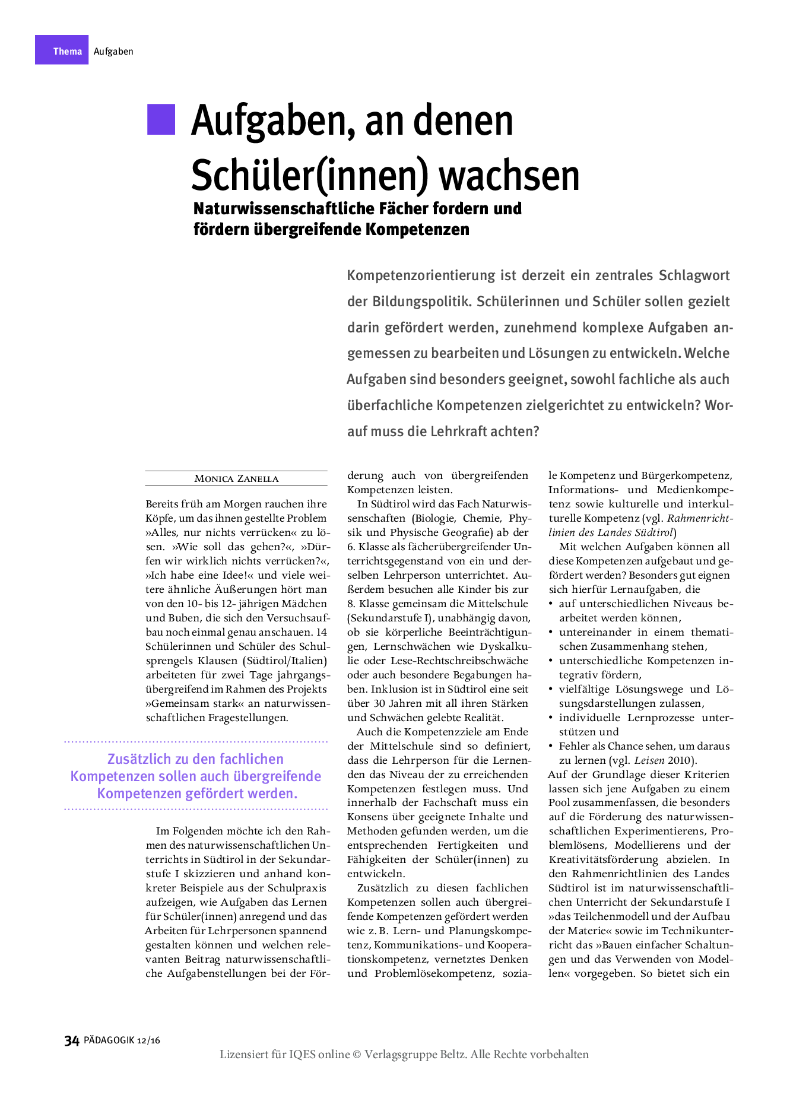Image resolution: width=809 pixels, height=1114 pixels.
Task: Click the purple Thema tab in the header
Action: [62, 50]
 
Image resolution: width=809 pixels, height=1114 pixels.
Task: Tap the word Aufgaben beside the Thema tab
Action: [113, 52]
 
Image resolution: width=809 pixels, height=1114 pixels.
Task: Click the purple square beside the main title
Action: [161, 119]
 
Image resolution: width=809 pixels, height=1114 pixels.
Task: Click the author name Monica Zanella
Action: [236, 478]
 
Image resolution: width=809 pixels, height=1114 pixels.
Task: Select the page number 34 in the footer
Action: [72, 1040]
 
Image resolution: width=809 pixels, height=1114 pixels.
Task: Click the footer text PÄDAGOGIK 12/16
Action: [122, 1040]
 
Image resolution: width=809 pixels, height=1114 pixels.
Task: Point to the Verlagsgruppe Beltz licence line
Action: [404, 1055]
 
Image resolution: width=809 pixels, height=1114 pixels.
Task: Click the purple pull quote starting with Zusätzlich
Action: [196, 776]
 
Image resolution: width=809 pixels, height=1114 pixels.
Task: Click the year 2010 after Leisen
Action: [680, 760]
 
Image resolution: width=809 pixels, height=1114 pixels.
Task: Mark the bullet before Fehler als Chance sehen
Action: [552, 746]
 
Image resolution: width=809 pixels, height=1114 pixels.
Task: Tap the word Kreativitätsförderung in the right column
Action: [604, 860]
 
